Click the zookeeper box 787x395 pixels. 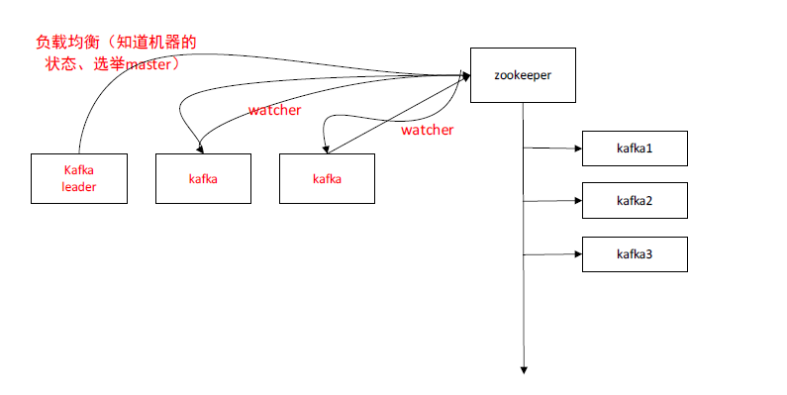coord(522,74)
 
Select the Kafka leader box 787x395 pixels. coord(79,178)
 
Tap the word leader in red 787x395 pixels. coord(79,186)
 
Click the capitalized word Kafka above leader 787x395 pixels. coord(79,169)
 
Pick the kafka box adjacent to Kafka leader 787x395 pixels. coord(203,178)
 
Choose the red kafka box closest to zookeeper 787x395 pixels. coord(327,178)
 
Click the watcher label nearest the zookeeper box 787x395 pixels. coord(427,130)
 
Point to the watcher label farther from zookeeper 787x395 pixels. coord(274,110)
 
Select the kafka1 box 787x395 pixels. coord(634,148)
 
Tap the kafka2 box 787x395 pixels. coord(634,200)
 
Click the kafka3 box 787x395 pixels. coord(634,254)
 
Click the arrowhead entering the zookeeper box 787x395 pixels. coord(464,74)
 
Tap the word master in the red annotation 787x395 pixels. coord(147,63)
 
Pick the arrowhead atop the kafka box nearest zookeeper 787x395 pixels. coord(326,149)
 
